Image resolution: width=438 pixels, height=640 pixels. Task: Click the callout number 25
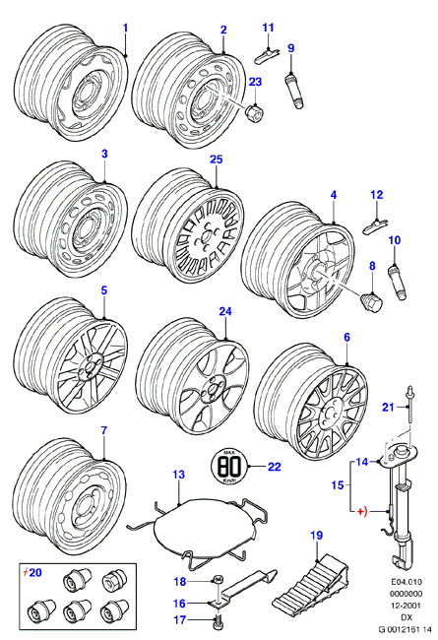(217, 160)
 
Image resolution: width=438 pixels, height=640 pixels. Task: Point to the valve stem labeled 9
(294, 90)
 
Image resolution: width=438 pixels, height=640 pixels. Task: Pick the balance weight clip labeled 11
(266, 55)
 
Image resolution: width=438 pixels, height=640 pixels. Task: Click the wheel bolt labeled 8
(372, 301)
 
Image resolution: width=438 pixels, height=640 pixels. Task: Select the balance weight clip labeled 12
(375, 225)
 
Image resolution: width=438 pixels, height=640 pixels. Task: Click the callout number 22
(275, 466)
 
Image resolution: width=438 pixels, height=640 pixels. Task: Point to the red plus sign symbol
(362, 511)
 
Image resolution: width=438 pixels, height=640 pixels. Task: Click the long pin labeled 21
(408, 408)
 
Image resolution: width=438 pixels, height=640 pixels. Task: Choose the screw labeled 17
(218, 621)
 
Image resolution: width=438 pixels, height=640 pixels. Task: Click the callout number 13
(179, 475)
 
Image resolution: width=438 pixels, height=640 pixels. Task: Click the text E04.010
(406, 582)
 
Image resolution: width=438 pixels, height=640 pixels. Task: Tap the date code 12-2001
(406, 606)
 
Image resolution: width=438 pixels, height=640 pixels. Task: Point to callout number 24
(225, 311)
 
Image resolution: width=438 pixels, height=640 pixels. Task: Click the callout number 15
(338, 484)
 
